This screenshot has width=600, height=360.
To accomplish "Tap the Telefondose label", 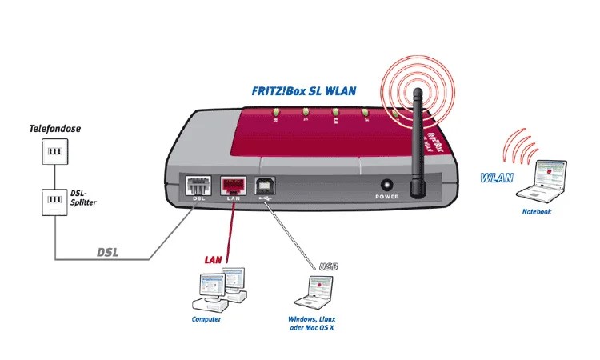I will coord(55,128).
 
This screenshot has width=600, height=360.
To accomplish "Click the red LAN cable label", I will coord(212,259).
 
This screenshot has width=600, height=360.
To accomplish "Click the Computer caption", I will coord(206,319).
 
